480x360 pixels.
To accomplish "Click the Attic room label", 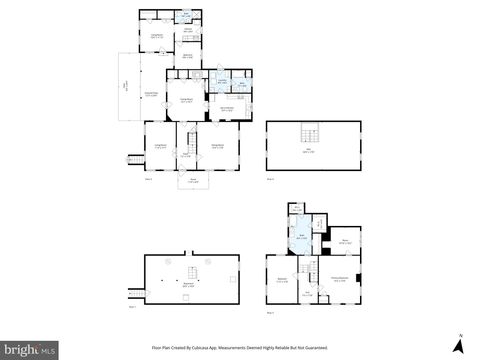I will tap(306, 152).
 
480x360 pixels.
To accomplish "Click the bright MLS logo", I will tap(29, 349).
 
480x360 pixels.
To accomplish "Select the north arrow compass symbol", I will tap(458, 343).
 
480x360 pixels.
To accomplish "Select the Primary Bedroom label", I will tap(340, 279).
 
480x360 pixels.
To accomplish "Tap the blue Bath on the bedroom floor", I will tap(301, 238).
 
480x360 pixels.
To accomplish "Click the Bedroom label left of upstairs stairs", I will tap(282, 279).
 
